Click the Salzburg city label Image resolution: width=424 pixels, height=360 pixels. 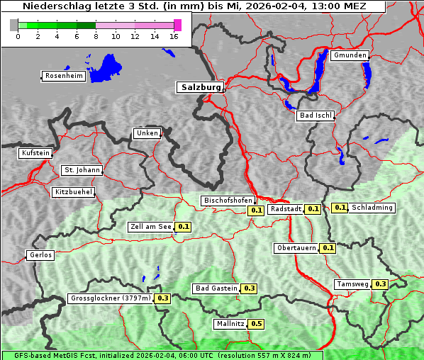pyautogui.click(x=199, y=87)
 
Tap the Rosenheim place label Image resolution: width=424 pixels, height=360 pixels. pyautogui.click(x=64, y=76)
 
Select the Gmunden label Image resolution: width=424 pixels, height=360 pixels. pyautogui.click(x=350, y=55)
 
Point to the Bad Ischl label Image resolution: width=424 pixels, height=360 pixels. pyautogui.click(x=315, y=116)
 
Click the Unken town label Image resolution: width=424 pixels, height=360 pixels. pyautogui.click(x=147, y=133)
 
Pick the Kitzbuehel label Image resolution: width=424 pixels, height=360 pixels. pyautogui.click(x=72, y=192)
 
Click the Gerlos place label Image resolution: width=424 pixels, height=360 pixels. pyautogui.click(x=40, y=255)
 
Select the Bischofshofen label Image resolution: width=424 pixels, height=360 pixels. pyautogui.click(x=228, y=201)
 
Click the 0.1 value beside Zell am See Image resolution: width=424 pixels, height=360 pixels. pyautogui.click(x=184, y=227)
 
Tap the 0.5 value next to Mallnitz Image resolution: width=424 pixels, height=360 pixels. pyautogui.click(x=256, y=324)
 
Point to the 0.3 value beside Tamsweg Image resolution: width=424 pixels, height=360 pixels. pyautogui.click(x=380, y=284)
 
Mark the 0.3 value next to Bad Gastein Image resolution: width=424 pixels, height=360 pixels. pyautogui.click(x=249, y=288)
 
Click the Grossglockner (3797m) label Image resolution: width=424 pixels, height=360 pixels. pyautogui.click(x=111, y=298)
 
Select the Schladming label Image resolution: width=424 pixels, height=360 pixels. pyautogui.click(x=372, y=208)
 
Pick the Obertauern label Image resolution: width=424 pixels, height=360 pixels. pyautogui.click(x=296, y=248)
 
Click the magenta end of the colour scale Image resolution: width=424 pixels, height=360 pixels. pyautogui.click(x=177, y=25)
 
